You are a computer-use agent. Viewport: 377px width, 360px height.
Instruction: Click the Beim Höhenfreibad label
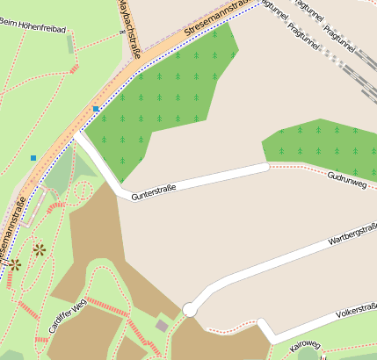pos(33,29)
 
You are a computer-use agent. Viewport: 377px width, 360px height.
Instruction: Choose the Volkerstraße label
pos(356,312)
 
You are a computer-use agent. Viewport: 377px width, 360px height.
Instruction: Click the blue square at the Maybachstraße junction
pos(96,109)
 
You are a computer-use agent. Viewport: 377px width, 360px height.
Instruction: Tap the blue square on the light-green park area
pos(33,158)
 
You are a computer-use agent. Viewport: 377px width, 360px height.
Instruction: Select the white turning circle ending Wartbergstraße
pos(189,309)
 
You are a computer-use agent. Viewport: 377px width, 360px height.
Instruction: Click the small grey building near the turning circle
pos(162,326)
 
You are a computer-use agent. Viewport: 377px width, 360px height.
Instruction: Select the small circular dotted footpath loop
pos(83,190)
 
